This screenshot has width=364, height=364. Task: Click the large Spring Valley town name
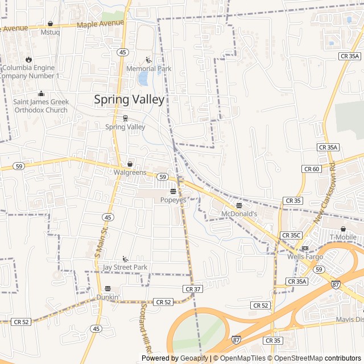click(x=129, y=100)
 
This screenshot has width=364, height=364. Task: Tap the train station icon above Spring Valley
click(x=125, y=118)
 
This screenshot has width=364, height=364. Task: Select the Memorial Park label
click(x=148, y=69)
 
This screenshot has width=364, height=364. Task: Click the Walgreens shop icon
click(x=130, y=164)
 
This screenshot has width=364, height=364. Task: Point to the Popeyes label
click(x=173, y=200)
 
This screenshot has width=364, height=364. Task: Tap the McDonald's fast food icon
click(x=239, y=205)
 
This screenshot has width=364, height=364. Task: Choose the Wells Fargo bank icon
click(x=305, y=248)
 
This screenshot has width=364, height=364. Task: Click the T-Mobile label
click(x=343, y=237)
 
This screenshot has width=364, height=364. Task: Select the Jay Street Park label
click(x=125, y=267)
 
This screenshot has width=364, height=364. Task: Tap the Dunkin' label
click(x=107, y=297)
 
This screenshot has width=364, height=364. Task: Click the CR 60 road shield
click(x=311, y=169)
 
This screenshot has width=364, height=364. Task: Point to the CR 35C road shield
click(x=291, y=235)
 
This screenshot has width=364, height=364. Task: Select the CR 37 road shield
click(x=193, y=289)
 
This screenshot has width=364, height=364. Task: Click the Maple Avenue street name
click(x=100, y=24)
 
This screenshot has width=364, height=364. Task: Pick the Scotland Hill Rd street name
click(x=144, y=327)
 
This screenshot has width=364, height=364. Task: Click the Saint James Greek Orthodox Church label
click(x=41, y=106)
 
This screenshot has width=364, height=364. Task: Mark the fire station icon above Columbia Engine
click(x=28, y=59)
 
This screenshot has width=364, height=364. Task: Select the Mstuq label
click(x=51, y=32)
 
